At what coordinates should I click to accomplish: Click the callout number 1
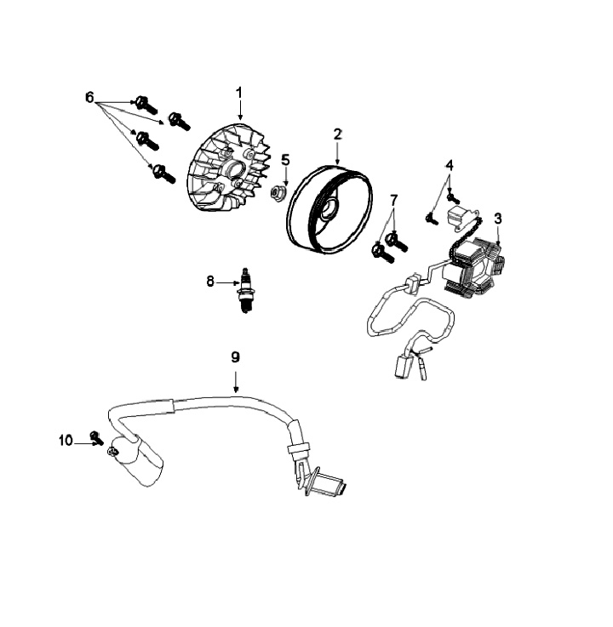pyautogui.click(x=239, y=93)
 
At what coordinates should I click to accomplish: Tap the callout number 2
pyautogui.click(x=338, y=134)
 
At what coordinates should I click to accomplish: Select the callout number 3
pyautogui.click(x=498, y=219)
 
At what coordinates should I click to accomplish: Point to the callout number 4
pyautogui.click(x=450, y=165)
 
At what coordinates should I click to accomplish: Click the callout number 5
pyautogui.click(x=285, y=160)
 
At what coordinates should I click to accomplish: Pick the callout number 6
pyautogui.click(x=89, y=97)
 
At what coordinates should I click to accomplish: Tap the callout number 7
pyautogui.click(x=394, y=199)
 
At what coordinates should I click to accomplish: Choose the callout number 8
pyautogui.click(x=210, y=282)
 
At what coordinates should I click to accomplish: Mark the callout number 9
pyautogui.click(x=235, y=356)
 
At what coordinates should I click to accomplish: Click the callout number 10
pyautogui.click(x=66, y=441)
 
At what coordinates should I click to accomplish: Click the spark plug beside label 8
pyautogui.click(x=244, y=291)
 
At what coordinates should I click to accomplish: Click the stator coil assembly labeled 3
pyautogui.click(x=473, y=267)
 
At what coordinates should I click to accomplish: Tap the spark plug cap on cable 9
pyautogui.click(x=137, y=460)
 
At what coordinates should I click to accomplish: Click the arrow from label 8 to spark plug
pyautogui.click(x=227, y=282)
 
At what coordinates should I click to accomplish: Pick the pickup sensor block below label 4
pyautogui.click(x=457, y=217)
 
